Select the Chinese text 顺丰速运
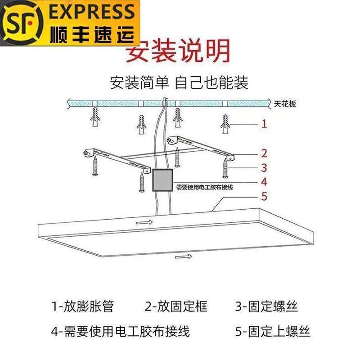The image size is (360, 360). pyautogui.click(x=93, y=33)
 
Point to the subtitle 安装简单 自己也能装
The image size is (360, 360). pyautogui.click(x=179, y=83)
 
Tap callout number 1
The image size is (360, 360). pyautogui.click(x=265, y=123)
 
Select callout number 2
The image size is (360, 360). pyautogui.click(x=265, y=153)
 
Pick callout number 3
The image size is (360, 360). pyautogui.click(x=265, y=168)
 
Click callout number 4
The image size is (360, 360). pyautogui.click(x=265, y=182)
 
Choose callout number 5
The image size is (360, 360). pyautogui.click(x=265, y=197)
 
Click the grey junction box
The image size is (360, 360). pyautogui.click(x=162, y=181)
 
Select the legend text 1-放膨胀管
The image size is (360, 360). pyautogui.click(x=83, y=307)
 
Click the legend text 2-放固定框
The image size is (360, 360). pyautogui.click(x=176, y=307)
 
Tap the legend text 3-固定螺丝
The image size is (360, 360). pyautogui.click(x=266, y=307)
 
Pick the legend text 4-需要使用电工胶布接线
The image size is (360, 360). pyautogui.click(x=120, y=332)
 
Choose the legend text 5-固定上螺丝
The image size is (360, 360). pyautogui.click(x=273, y=332)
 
